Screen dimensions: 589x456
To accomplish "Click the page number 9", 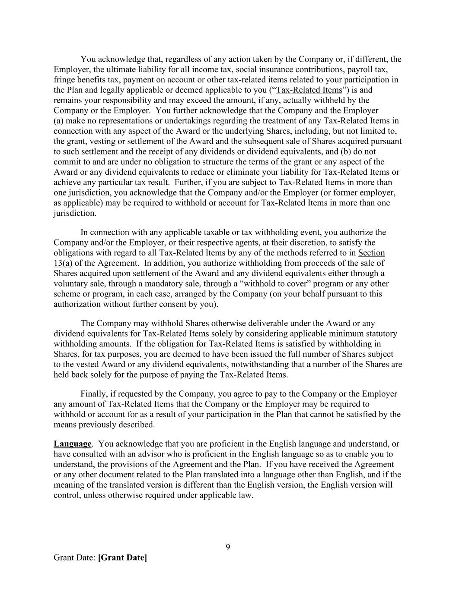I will [x=228, y=547].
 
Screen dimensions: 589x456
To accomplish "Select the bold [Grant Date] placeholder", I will [x=122, y=558].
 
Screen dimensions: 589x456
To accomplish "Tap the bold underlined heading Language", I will [x=73, y=444].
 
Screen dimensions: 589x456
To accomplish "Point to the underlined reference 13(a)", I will [x=63, y=263].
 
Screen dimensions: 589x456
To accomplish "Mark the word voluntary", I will [x=70, y=283].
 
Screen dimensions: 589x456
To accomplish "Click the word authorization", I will [x=77, y=304].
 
